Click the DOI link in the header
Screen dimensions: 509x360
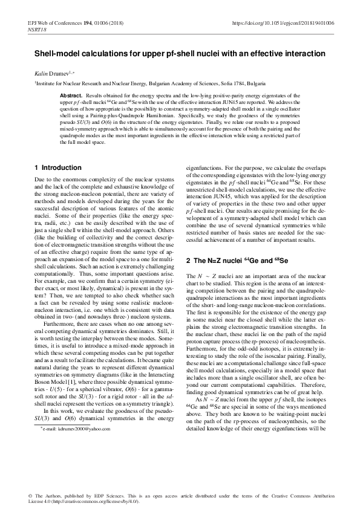283,23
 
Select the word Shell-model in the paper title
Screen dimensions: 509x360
54,53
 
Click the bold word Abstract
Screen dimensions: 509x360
71,96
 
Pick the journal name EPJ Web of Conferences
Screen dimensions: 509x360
54,23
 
